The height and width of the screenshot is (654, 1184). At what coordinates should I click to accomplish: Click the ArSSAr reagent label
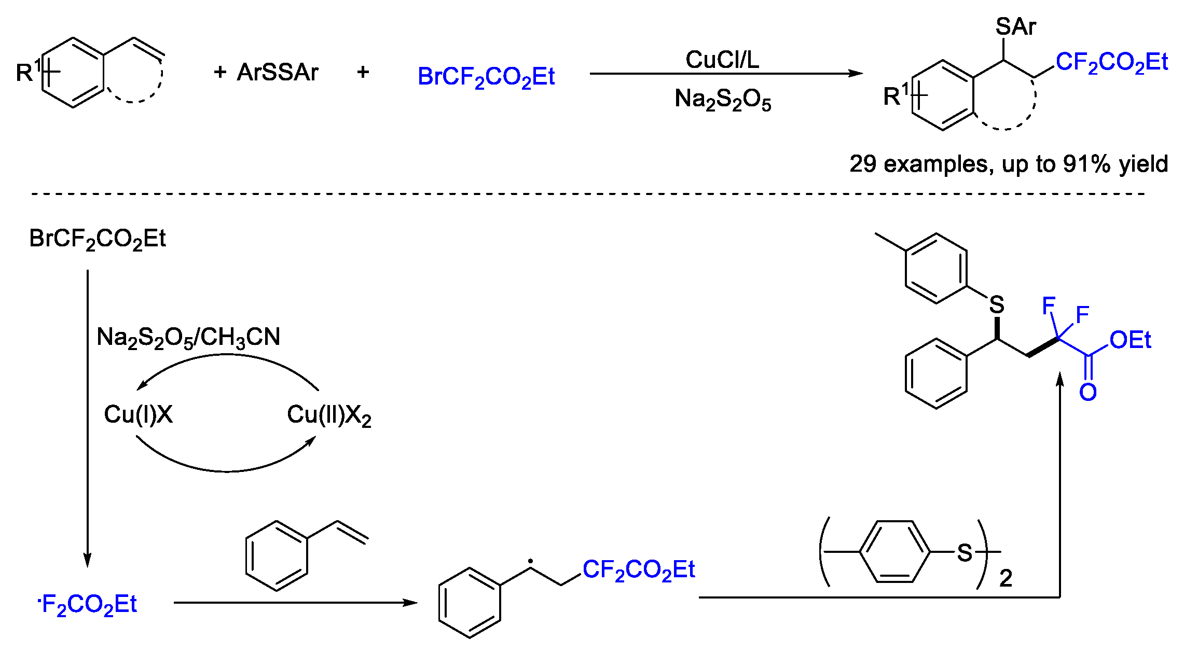click(277, 73)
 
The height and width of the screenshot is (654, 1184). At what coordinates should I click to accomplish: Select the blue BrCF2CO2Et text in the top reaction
click(486, 77)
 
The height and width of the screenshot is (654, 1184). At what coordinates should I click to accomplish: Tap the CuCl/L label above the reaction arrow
click(722, 60)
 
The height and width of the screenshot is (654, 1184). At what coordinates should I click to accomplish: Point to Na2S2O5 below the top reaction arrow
click(722, 100)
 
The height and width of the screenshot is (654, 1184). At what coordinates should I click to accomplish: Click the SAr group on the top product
click(1015, 26)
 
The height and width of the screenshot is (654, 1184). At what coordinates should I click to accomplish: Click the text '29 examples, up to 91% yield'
click(1008, 164)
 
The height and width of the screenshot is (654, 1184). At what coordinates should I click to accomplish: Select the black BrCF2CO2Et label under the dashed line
click(98, 239)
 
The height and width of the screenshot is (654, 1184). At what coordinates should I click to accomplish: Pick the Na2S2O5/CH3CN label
click(188, 338)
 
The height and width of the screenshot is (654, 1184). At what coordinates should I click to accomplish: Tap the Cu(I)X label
click(138, 414)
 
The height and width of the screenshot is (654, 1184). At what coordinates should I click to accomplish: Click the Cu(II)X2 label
click(329, 415)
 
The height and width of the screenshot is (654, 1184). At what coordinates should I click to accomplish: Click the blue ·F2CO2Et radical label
click(87, 605)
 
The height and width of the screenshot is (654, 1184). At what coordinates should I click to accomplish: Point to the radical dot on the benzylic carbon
click(530, 561)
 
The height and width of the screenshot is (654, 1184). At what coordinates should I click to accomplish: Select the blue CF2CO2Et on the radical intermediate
click(638, 570)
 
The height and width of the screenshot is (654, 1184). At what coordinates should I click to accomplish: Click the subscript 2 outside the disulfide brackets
click(1006, 578)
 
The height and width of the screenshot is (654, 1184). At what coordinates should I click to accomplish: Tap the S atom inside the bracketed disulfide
click(964, 553)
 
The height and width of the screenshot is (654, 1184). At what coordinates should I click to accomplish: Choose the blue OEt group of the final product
click(1130, 341)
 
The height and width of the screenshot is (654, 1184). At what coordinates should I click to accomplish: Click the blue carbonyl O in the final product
click(1087, 392)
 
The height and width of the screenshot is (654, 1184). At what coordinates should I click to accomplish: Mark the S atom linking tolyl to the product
click(996, 304)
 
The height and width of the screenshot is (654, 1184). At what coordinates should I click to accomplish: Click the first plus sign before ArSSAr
click(220, 72)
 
